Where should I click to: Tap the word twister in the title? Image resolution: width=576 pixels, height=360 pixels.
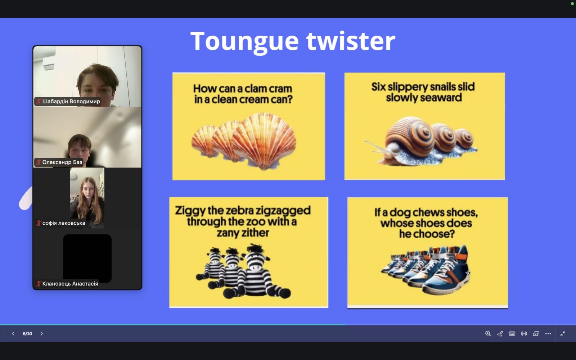[x=351, y=41]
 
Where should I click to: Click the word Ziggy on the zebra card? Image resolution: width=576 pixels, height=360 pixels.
[x=190, y=211]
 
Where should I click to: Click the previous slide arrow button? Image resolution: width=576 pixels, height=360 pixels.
[x=13, y=333]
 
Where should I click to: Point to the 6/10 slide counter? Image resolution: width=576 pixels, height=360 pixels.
[x=27, y=333]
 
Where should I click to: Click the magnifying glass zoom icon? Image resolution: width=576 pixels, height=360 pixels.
[x=488, y=333]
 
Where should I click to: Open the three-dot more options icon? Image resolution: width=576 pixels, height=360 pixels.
[x=548, y=333]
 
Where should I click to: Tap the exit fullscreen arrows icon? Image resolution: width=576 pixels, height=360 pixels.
[x=563, y=333]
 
